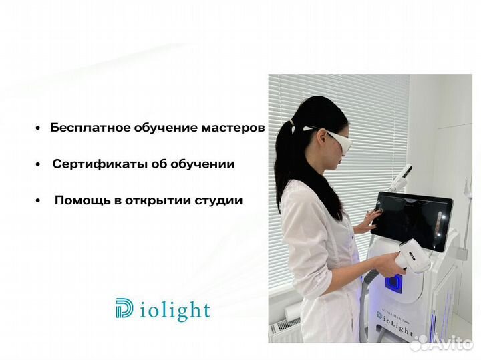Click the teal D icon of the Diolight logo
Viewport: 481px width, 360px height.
pos(125,309)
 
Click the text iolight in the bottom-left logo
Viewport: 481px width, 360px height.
pos(175,311)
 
